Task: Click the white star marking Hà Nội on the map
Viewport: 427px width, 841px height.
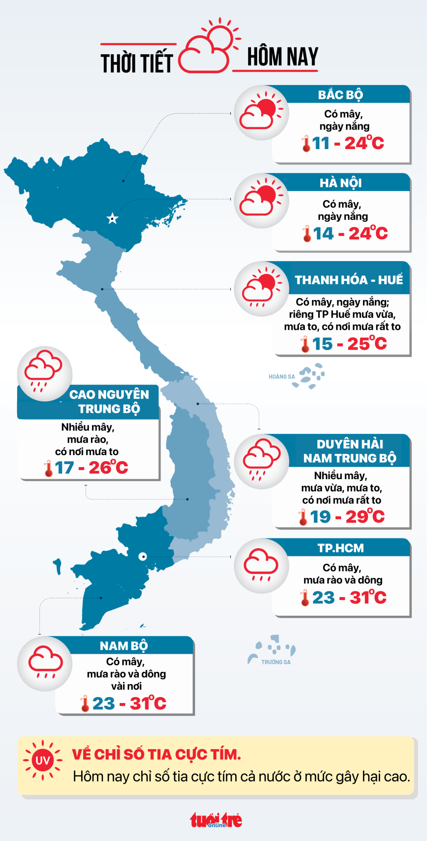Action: point(112,219)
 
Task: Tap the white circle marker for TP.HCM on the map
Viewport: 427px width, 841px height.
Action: point(143,556)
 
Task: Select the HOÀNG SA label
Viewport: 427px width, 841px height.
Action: point(281,376)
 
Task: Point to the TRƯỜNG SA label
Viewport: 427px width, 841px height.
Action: point(276,662)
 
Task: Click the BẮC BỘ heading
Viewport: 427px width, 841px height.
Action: point(340,95)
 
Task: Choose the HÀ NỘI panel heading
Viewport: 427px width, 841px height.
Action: point(341,183)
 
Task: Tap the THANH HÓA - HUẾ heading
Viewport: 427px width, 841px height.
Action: point(348,280)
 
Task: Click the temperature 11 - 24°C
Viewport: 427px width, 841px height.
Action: point(348,143)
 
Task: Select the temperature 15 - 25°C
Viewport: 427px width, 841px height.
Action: point(349,344)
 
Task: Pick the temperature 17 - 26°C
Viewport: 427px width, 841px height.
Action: point(91,468)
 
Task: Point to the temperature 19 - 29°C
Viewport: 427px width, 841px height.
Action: point(347,517)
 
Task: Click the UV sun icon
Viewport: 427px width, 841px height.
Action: point(43,761)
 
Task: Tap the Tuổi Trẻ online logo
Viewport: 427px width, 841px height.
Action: point(216,820)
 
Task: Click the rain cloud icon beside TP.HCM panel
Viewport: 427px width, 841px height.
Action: point(261,565)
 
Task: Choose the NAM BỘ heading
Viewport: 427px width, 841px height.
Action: point(124,646)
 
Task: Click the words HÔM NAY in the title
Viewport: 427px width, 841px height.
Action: point(283,57)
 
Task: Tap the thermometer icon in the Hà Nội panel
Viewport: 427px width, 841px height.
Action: point(307,234)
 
